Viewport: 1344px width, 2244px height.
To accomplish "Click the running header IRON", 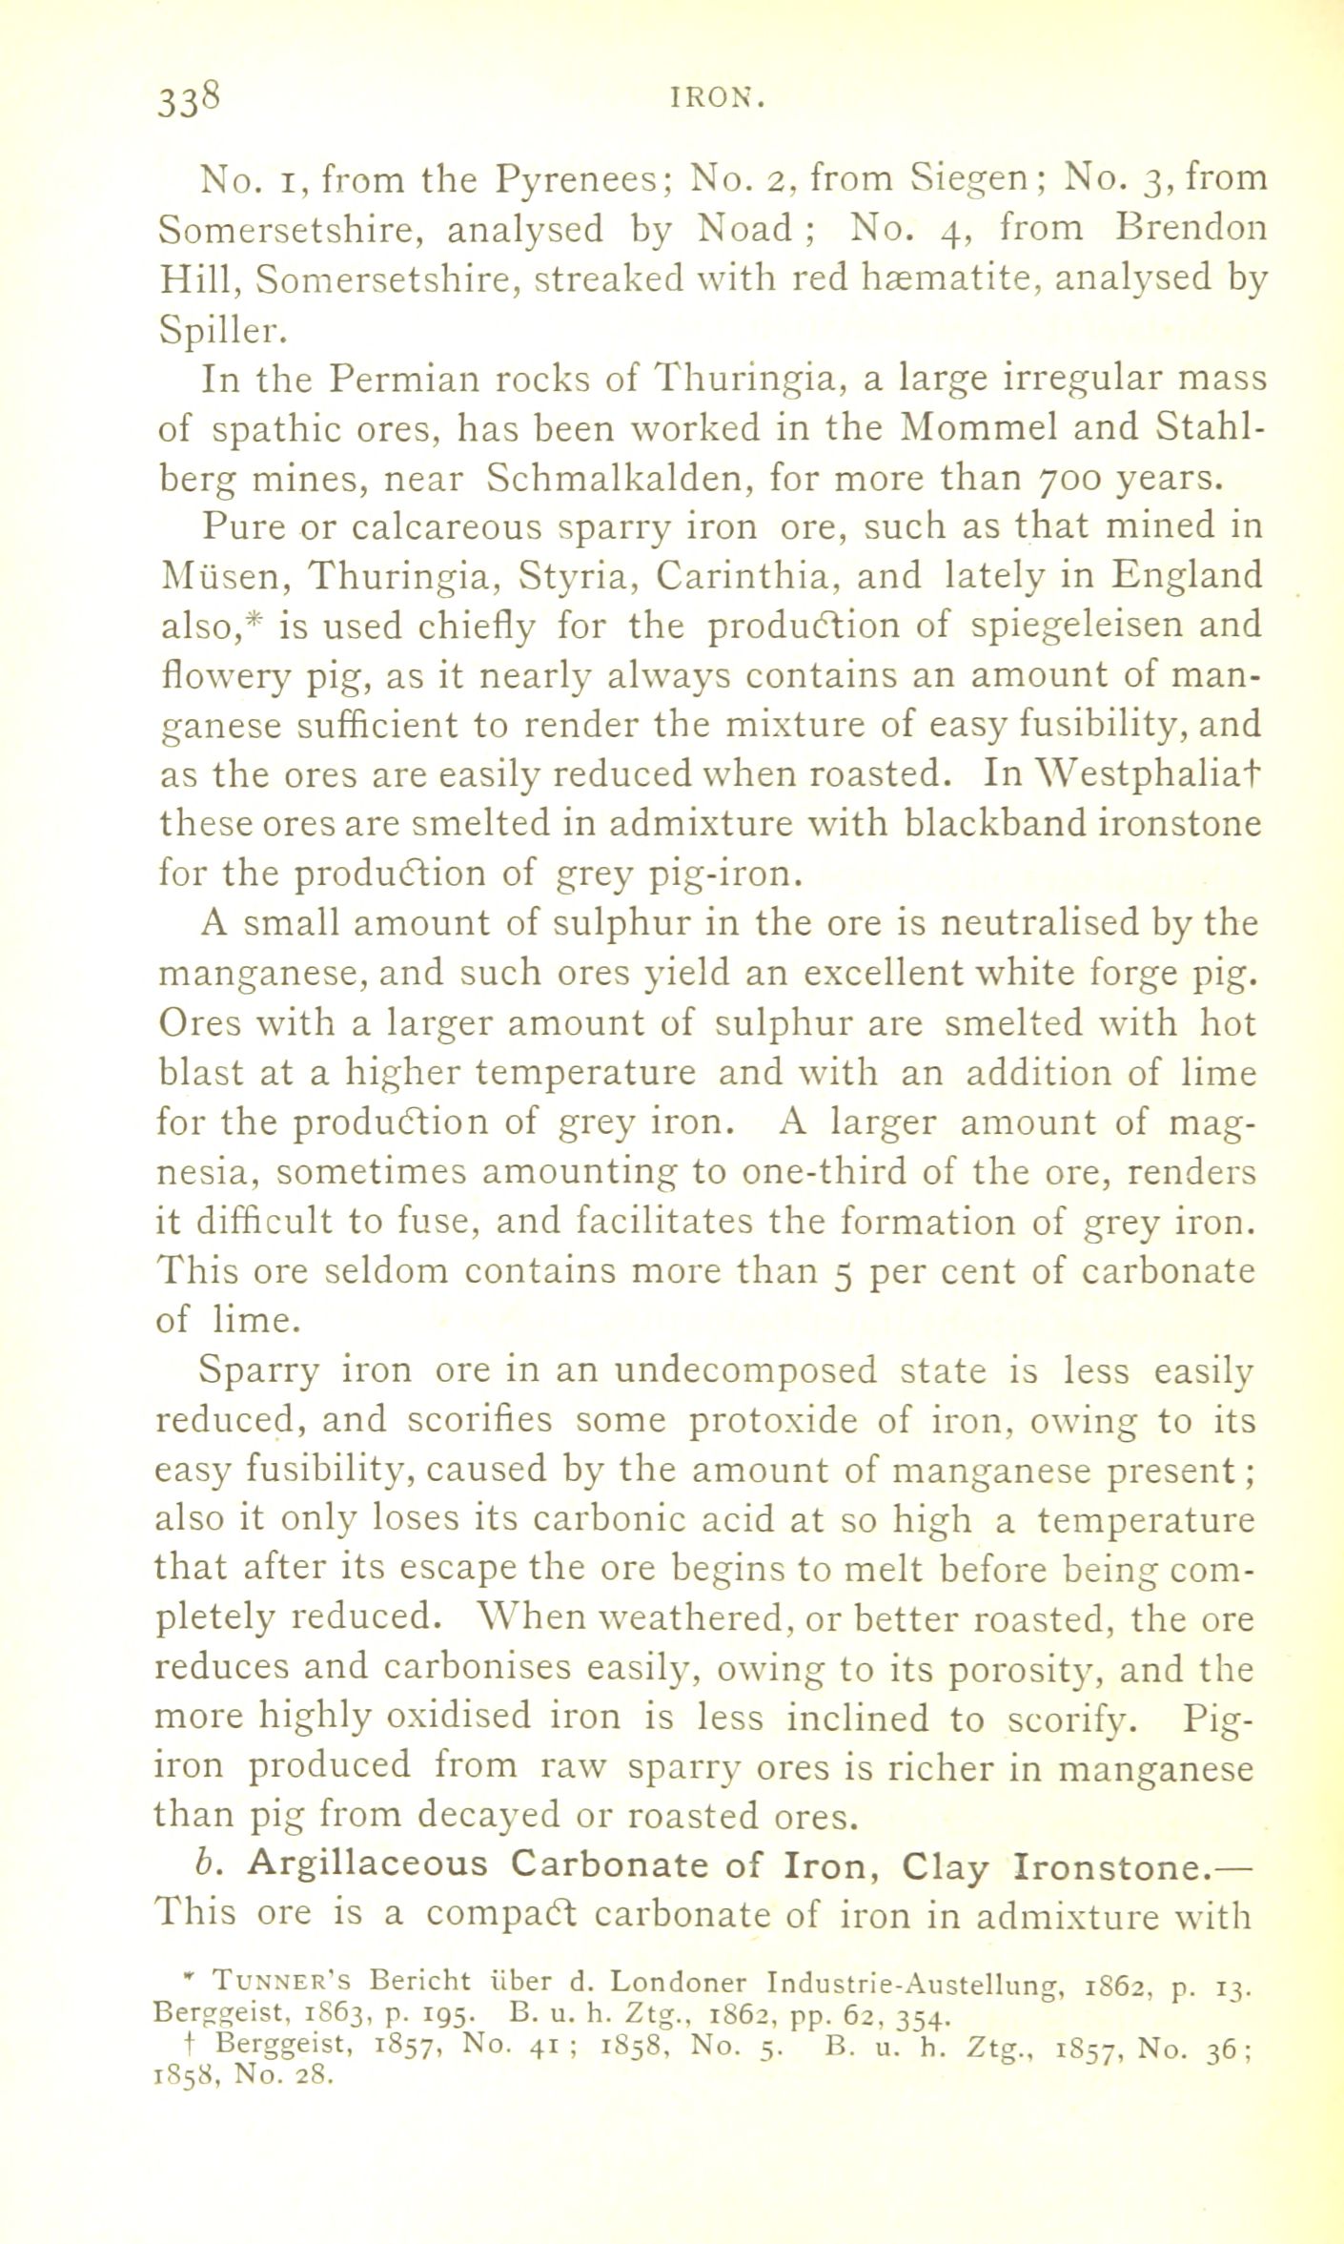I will pyautogui.click(x=725, y=98).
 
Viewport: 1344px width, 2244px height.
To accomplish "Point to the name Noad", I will pyautogui.click(x=743, y=229).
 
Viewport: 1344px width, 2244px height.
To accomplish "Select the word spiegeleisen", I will pyautogui.click(x=1061, y=627).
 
